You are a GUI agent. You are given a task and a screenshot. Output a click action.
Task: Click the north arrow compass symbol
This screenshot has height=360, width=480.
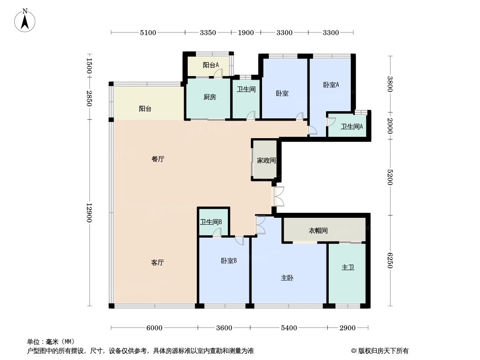pos(25,21)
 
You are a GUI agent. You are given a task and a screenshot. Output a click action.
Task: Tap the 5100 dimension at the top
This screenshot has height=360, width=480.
pos(148,32)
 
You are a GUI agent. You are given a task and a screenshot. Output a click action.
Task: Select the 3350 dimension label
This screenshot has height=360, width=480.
pos(208,32)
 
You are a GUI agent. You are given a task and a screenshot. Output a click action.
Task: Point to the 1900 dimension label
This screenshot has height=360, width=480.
pos(246,32)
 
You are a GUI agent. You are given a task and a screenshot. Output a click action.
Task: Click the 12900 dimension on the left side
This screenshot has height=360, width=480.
pos(89,212)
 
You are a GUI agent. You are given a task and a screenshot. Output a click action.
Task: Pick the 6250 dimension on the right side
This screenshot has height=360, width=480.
pos(389,260)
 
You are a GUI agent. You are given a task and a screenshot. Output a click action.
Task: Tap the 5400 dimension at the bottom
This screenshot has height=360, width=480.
pos(289,328)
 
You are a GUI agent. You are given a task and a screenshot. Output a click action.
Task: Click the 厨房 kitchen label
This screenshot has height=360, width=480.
pos(210,97)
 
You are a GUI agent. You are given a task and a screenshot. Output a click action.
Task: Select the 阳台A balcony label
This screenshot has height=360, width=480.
pos(211,65)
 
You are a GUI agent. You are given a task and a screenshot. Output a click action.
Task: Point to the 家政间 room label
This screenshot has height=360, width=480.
pos(266,160)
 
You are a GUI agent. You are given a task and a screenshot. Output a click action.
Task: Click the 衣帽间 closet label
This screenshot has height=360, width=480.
pos(318,230)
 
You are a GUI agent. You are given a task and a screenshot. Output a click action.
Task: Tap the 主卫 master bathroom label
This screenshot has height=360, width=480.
pos(348,267)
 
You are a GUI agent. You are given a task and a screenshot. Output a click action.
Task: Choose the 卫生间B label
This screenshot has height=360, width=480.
pos(211,222)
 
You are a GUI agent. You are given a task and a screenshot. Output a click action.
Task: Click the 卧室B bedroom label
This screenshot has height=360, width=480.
pos(229,261)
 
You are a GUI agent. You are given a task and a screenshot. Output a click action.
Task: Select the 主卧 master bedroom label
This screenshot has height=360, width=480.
pos(287,278)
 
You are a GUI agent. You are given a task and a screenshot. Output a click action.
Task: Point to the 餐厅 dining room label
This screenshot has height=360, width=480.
pos(158,159)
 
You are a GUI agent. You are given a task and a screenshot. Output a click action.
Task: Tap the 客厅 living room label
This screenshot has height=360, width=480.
pos(158,262)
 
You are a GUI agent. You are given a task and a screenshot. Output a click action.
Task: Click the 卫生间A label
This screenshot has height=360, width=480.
pos(352,126)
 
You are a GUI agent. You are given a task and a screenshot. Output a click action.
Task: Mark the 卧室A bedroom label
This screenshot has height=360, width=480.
pos(331,85)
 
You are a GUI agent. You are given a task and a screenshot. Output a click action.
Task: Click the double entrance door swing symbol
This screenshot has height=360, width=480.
pos(279,196)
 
